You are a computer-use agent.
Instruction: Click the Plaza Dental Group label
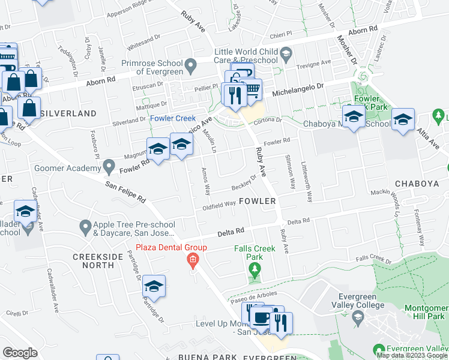click(x=171, y=248)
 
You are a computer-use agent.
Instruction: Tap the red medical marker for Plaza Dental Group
click(x=193, y=260)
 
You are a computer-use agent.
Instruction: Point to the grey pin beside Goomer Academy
click(x=108, y=165)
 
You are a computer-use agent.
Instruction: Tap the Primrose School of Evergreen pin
click(x=191, y=64)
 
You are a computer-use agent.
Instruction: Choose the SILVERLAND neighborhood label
click(x=68, y=113)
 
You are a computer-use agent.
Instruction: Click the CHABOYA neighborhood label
click(x=417, y=183)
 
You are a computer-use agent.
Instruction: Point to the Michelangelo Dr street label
click(x=298, y=91)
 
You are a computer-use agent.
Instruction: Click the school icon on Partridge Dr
click(x=154, y=287)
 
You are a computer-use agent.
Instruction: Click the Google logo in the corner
click(x=20, y=353)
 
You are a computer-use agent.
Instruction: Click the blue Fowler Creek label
click(x=173, y=118)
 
